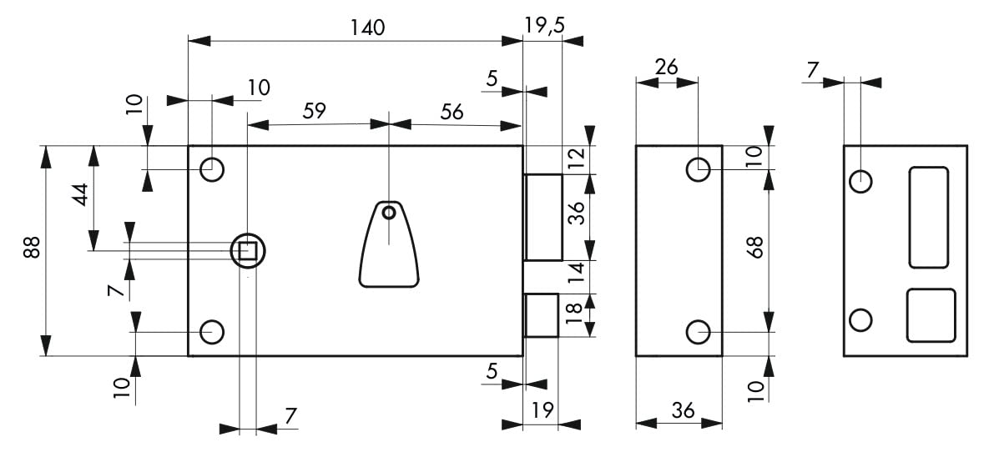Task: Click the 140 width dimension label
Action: tap(368, 28)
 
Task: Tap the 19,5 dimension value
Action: tap(544, 25)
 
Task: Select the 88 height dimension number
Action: tap(32, 247)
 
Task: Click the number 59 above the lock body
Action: tap(314, 111)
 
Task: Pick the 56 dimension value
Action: tap(452, 113)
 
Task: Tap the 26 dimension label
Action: tap(666, 67)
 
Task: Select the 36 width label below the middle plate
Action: tap(683, 411)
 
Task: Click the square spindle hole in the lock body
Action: tap(247, 252)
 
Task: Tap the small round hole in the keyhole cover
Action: tap(388, 213)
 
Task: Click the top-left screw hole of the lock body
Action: tap(212, 169)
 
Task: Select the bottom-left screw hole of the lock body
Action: tap(212, 332)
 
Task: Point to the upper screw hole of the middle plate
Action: tap(698, 169)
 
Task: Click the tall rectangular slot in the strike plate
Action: tap(929, 218)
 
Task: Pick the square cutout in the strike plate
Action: tap(931, 315)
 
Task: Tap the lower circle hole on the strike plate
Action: tap(860, 320)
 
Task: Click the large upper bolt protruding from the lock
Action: tap(543, 217)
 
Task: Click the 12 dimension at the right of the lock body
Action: tap(576, 158)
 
